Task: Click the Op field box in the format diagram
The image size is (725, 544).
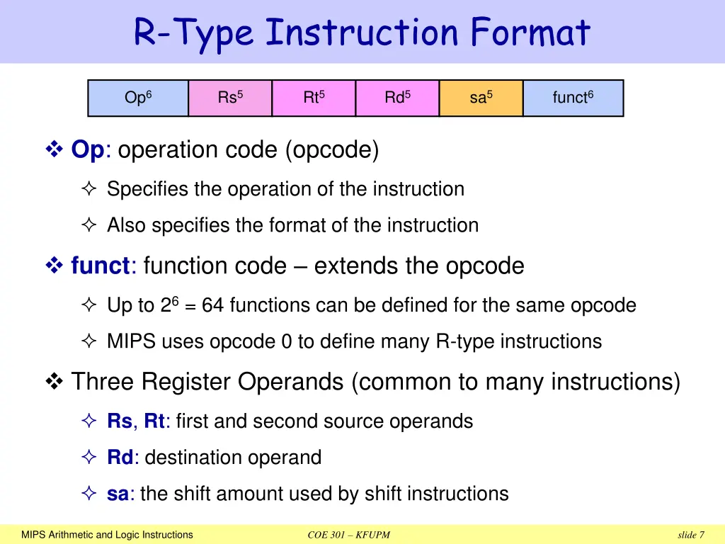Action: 138,98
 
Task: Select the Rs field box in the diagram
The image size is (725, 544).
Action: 230,98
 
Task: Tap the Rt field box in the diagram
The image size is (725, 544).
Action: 314,98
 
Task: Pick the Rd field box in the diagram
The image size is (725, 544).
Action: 397,98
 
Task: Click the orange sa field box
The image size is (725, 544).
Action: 481,98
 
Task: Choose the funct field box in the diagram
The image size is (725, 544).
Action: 573,98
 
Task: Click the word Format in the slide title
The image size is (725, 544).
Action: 528,33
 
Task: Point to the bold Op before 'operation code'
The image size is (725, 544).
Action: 87,150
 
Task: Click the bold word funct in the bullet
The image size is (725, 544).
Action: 101,266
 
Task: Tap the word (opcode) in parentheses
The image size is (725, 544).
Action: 332,150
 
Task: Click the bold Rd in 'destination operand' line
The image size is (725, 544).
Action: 120,458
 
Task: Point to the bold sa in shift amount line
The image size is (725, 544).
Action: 117,494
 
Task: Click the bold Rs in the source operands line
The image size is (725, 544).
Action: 119,421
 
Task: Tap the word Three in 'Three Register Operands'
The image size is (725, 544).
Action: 102,382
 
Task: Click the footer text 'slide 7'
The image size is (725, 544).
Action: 690,535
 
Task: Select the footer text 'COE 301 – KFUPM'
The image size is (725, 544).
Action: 348,535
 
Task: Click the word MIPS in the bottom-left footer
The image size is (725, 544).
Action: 33,535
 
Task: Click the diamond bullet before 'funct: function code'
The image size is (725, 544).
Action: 55,266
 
